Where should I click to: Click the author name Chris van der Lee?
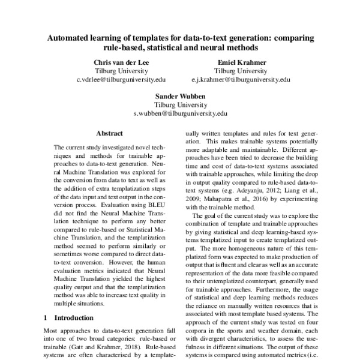tap(121, 62)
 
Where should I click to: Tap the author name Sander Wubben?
tap(180, 95)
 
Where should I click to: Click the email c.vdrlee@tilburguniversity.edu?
tap(121, 79)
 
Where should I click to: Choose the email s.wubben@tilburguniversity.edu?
tap(180, 112)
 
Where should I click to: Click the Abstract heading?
tap(109, 133)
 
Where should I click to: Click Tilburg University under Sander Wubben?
tap(180, 104)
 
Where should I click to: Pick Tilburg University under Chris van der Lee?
tap(121, 70)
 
